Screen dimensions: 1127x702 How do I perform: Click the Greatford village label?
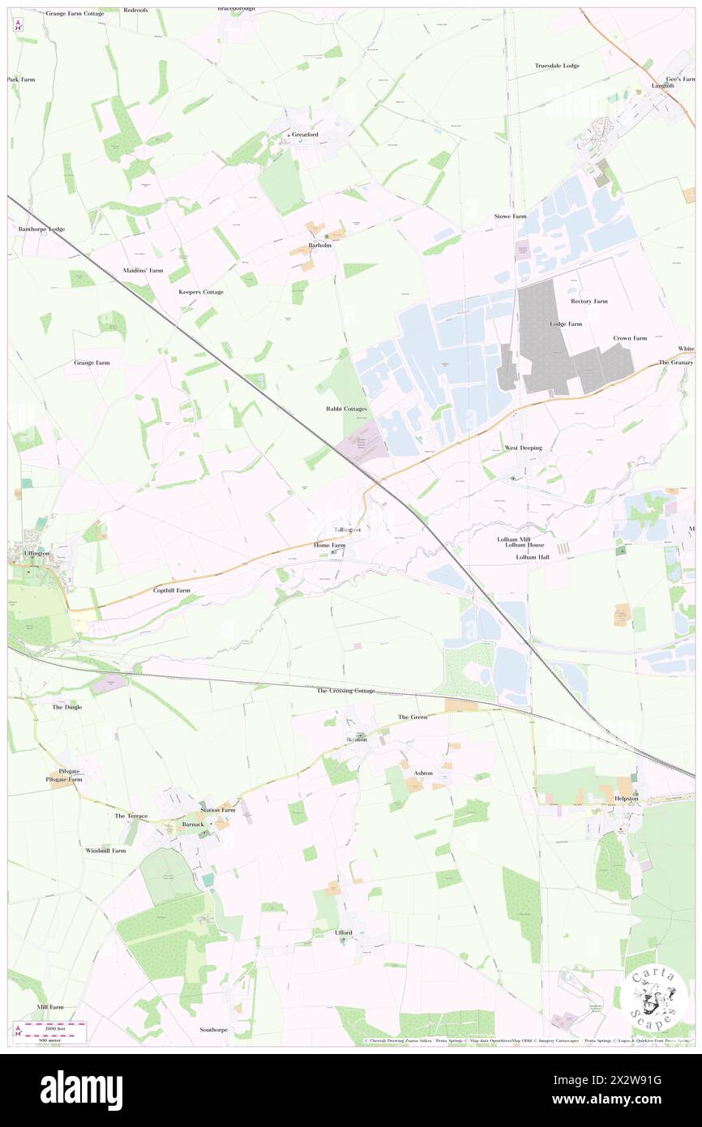pyautogui.click(x=306, y=135)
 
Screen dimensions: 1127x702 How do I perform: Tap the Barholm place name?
pyautogui.click(x=320, y=245)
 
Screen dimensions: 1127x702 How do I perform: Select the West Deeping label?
pyautogui.click(x=523, y=448)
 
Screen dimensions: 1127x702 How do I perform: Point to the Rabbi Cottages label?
pyautogui.click(x=347, y=409)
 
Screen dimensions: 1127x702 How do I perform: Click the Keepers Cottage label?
pyautogui.click(x=201, y=292)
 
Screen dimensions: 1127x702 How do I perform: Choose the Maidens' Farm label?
pyautogui.click(x=143, y=270)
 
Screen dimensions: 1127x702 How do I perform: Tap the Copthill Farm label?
pyautogui.click(x=172, y=590)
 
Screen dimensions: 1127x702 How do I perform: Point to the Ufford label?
pyautogui.click(x=344, y=932)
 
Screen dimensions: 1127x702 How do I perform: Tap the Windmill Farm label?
pyautogui.click(x=106, y=851)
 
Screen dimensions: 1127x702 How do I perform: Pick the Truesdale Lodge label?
pyautogui.click(x=557, y=65)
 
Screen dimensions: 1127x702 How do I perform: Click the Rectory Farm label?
pyautogui.click(x=589, y=301)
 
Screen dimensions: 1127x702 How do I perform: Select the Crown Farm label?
pyautogui.click(x=630, y=337)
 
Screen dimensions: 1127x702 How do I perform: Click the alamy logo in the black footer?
pyautogui.click(x=81, y=1090)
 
